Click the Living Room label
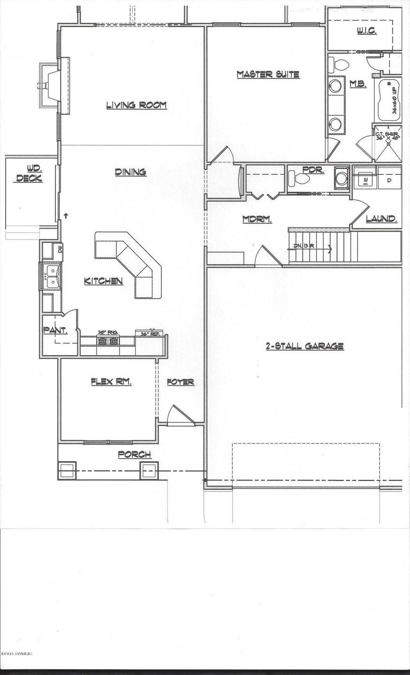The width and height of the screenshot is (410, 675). [x=136, y=105]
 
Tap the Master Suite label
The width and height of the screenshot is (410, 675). [x=268, y=74]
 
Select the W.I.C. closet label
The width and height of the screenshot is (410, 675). [x=366, y=31]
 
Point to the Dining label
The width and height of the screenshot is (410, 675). [x=130, y=172]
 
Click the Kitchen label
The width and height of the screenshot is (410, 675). [x=103, y=281]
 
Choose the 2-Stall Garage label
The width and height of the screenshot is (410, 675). [x=304, y=346]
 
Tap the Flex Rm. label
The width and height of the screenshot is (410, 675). [x=111, y=382]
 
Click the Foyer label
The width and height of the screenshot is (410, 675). [x=181, y=382]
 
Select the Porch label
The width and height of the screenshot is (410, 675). [x=134, y=454]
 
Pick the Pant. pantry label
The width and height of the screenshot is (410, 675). [x=55, y=330]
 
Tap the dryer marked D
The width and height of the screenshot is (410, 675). [x=389, y=180]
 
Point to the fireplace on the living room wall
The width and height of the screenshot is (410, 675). [x=49, y=85]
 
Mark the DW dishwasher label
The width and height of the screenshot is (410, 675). [x=60, y=249]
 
